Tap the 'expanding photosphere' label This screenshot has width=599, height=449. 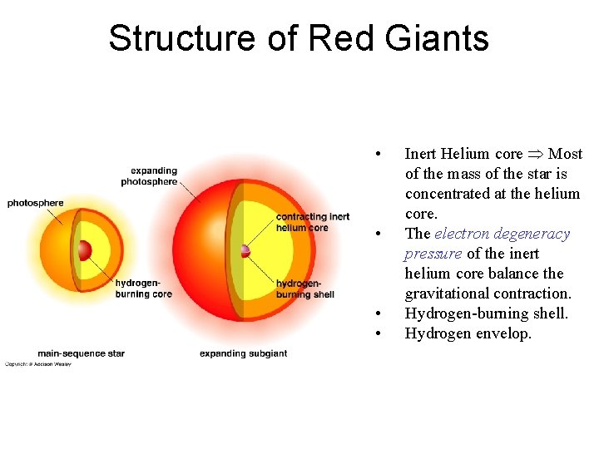click(x=149, y=176)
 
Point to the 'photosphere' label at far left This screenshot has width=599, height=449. click(x=35, y=203)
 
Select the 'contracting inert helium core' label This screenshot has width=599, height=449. click(x=313, y=222)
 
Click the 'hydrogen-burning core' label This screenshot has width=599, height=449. click(x=143, y=289)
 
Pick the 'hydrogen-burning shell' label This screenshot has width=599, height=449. click(x=304, y=289)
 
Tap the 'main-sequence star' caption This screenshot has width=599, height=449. click(x=81, y=353)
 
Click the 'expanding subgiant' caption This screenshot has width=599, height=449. click(x=243, y=353)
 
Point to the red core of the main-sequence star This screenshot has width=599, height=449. click(x=84, y=250)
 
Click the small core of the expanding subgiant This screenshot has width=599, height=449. click(x=245, y=250)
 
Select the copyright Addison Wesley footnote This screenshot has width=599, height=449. click(x=38, y=364)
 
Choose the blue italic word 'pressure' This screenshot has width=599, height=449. click(x=433, y=254)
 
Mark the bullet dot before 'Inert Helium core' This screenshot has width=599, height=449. click(x=379, y=154)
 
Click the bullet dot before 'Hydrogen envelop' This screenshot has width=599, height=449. click(x=379, y=333)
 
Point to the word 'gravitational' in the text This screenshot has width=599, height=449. click(x=445, y=294)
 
